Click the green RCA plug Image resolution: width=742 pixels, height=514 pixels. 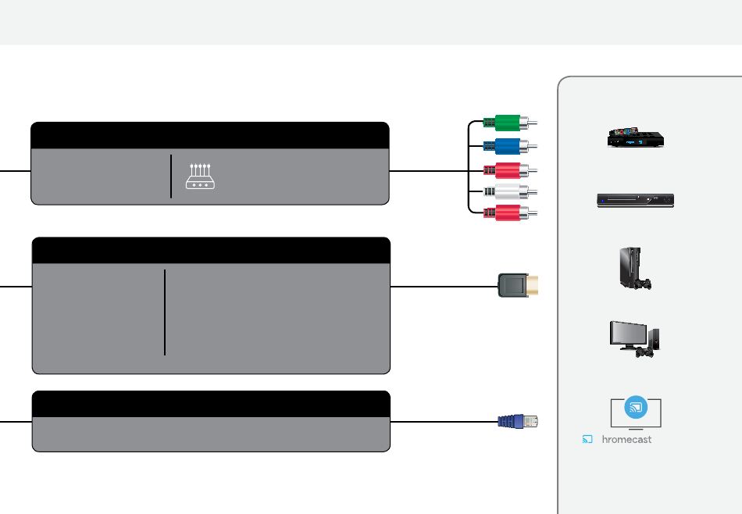[510, 123]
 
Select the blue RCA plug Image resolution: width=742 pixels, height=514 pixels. [510, 146]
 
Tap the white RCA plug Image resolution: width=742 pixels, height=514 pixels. [510, 191]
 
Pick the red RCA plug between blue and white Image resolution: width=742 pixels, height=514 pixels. [510, 170]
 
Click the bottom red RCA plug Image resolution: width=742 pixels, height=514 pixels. [510, 213]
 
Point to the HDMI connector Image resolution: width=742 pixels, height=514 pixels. [518, 285]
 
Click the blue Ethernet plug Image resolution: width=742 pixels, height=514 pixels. [518, 421]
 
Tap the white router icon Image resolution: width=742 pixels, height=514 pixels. [200, 176]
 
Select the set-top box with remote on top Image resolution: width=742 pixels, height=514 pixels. [636, 137]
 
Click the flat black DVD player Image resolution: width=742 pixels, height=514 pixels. [636, 201]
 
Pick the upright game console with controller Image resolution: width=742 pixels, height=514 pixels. [635, 268]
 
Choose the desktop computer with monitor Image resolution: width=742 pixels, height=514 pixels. [634, 339]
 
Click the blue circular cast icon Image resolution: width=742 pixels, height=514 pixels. [636, 407]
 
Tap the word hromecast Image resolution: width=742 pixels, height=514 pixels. [626, 440]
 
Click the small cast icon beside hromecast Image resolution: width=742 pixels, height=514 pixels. [587, 440]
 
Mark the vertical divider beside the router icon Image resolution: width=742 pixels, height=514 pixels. [171, 176]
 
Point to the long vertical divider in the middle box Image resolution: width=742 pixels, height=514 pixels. [165, 312]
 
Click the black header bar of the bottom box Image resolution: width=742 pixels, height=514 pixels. [211, 404]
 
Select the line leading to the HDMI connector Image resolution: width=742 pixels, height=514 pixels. [444, 287]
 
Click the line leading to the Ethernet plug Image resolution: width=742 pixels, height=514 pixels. [444, 421]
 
